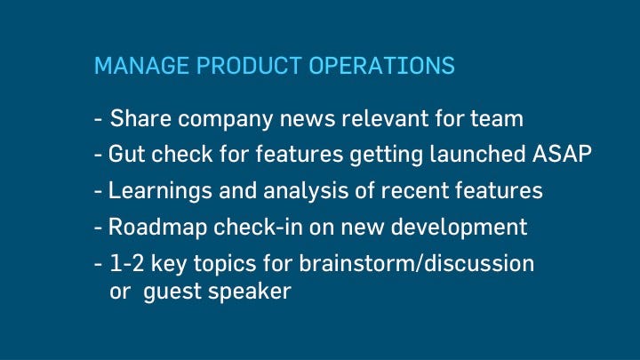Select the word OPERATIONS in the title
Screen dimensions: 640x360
click(x=381, y=65)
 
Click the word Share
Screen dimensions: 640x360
click(x=140, y=118)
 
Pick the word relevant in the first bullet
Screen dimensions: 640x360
click(x=385, y=118)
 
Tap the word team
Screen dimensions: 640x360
click(x=497, y=119)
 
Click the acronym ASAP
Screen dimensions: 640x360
click(x=562, y=155)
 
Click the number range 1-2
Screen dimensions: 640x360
click(x=127, y=263)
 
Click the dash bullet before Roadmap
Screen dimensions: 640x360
click(x=98, y=228)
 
